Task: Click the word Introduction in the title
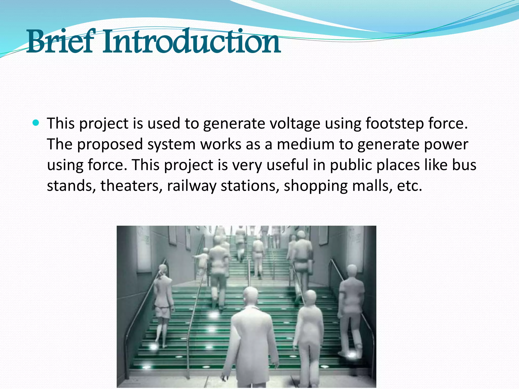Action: [191, 42]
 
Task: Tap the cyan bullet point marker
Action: [36, 123]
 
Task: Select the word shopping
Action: [316, 186]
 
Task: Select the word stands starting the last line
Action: [71, 186]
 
